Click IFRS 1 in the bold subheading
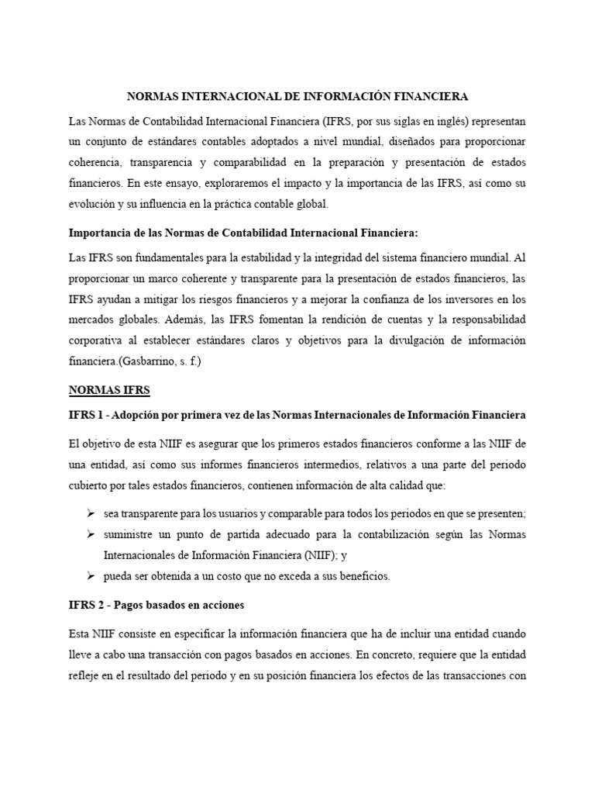[85, 416]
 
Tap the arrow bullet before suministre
[91, 534]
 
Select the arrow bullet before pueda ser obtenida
[91, 576]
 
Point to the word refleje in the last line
[84, 675]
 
